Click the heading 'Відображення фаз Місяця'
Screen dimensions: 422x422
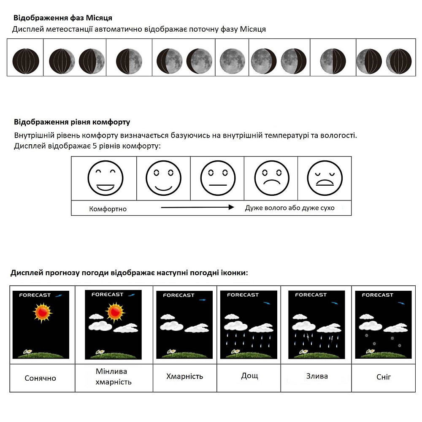(x=62, y=18)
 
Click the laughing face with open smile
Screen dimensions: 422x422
(x=105, y=178)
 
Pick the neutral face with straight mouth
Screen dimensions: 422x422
(x=218, y=178)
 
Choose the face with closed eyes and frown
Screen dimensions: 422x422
(x=325, y=178)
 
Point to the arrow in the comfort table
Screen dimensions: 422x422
(x=197, y=207)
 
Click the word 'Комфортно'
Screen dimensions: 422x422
(x=108, y=209)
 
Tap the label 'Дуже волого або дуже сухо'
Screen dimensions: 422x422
(x=289, y=208)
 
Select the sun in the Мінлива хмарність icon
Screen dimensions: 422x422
(x=114, y=312)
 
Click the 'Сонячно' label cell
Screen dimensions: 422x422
(x=40, y=378)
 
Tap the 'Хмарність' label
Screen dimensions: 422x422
(x=184, y=376)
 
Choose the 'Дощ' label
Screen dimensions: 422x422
(x=249, y=376)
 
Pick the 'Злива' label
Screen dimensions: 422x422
(x=316, y=376)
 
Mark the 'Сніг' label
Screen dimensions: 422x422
(x=384, y=376)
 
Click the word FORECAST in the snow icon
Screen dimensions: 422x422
(x=377, y=295)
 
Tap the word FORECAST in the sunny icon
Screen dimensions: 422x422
(x=35, y=295)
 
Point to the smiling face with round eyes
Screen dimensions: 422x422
(x=163, y=178)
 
